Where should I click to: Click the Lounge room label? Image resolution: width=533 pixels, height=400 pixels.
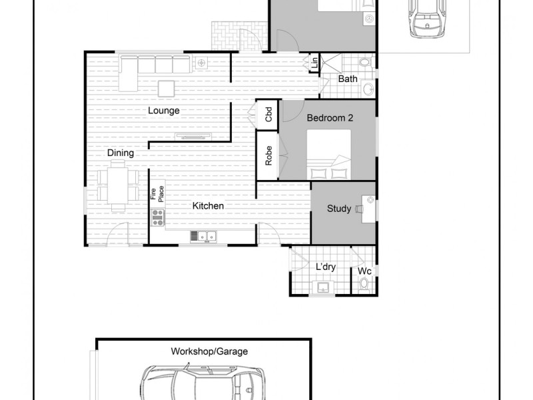tap(164, 111)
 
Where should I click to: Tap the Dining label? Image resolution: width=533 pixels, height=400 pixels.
tap(121, 153)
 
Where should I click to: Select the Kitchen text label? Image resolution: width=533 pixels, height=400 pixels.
tap(208, 206)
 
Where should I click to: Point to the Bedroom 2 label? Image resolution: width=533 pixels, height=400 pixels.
tap(330, 117)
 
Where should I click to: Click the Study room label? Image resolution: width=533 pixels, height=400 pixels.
tap(339, 209)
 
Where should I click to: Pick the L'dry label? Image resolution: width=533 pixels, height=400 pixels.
tap(325, 267)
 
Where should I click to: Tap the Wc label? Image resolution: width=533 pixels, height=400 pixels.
tap(364, 271)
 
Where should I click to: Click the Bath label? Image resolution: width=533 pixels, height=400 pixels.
tap(348, 79)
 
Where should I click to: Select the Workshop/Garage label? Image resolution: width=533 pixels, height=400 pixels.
tap(201, 351)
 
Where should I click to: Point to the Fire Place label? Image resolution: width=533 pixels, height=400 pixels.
tap(156, 193)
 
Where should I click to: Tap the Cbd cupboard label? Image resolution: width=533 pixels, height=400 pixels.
tap(269, 113)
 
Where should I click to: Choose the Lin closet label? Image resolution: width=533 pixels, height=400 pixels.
tap(314, 63)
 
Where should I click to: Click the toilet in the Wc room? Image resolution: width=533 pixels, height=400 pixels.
tap(364, 285)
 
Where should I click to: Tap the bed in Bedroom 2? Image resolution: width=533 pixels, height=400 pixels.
tap(328, 155)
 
